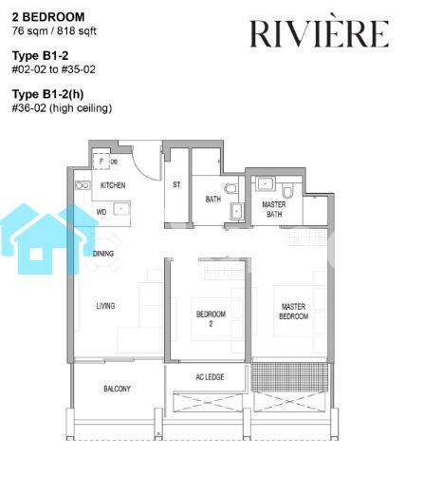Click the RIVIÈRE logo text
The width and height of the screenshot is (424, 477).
tap(320, 33)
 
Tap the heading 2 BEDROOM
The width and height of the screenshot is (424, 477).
tap(48, 17)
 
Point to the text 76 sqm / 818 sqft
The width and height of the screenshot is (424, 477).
tap(54, 31)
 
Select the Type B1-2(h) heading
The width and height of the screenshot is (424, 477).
tap(47, 94)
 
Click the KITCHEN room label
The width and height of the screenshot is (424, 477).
tap(113, 185)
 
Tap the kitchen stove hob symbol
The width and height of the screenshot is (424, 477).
tap(83, 185)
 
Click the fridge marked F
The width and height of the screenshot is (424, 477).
tap(101, 162)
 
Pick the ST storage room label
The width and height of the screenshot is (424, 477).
tap(176, 184)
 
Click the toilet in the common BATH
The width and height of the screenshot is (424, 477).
tap(230, 189)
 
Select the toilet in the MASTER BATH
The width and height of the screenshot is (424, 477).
tap(287, 191)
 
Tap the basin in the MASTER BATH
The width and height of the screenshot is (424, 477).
tap(265, 183)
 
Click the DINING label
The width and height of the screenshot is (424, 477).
tap(103, 254)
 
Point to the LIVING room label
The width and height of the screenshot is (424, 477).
tap(105, 306)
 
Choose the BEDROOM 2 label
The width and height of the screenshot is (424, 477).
tap(211, 318)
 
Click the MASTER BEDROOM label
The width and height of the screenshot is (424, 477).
tap(293, 312)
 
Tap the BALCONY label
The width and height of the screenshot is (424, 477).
tap(117, 389)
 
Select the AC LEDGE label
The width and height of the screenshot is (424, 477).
tap(210, 377)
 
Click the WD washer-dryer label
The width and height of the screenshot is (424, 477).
tap(101, 212)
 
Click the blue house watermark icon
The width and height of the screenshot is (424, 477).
tap(47, 239)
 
